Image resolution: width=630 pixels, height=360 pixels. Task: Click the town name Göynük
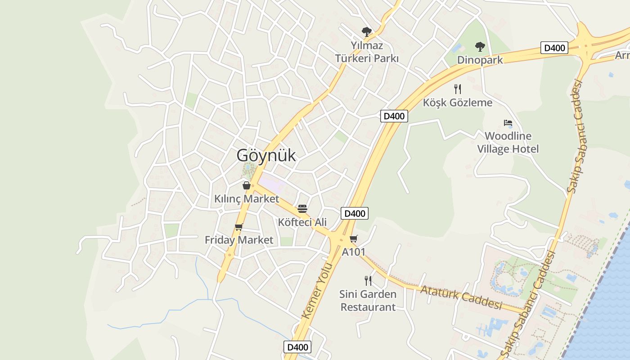point(266,155)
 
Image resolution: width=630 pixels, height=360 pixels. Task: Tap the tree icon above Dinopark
point(480,46)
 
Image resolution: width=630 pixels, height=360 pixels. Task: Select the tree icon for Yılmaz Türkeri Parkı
point(367,31)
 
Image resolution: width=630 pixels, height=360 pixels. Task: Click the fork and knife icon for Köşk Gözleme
point(458,89)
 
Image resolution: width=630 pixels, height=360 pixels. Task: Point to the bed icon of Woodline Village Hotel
point(508,122)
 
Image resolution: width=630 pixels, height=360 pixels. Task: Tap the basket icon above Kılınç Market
point(247,185)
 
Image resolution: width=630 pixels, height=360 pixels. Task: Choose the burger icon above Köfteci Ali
point(302,209)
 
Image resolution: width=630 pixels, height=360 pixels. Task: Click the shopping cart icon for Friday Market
point(238,227)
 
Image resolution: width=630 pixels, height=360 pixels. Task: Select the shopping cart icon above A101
point(354,238)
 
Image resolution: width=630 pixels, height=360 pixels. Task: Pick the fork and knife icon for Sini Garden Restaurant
point(368,281)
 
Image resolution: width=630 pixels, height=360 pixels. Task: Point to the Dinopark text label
point(480,60)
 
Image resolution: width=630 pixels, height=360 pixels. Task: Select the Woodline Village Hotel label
point(508,142)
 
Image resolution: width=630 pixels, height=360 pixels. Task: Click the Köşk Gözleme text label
point(458,103)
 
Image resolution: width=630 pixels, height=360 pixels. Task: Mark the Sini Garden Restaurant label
point(368,301)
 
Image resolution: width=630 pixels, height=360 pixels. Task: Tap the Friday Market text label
point(239,240)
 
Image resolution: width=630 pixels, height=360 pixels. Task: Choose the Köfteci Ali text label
point(302,222)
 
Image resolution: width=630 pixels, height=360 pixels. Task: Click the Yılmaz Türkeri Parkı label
point(367,52)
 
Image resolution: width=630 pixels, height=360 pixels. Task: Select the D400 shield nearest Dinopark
point(554,48)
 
